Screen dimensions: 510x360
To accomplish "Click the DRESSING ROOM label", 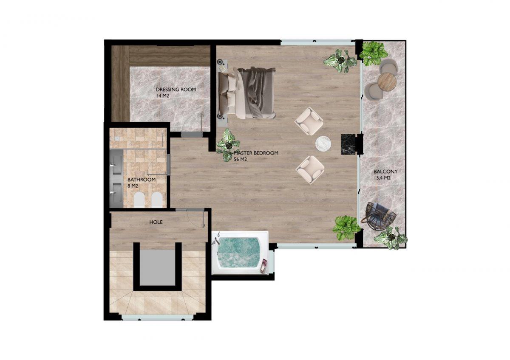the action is pos(176,90).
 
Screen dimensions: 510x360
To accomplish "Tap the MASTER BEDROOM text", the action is pos(256,153).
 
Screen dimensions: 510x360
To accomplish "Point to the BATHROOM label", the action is pos(142,180).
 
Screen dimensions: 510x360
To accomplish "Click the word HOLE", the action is pos(156,222).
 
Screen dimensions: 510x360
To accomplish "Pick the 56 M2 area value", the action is pos(240,160).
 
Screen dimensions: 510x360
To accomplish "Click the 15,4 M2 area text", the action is pos(382,178).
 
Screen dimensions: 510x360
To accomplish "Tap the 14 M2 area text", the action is pos(162,96).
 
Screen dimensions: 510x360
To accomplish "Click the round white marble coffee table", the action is pos(323,144).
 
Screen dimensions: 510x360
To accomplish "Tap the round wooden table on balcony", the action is pos(387,82).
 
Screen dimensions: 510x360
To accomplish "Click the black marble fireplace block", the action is pos(348,144).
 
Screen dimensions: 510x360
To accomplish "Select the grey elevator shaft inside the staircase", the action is pos(157,267).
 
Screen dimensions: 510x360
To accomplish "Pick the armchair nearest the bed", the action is pos(309,121).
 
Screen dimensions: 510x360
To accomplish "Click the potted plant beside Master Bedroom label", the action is pos(228,145).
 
